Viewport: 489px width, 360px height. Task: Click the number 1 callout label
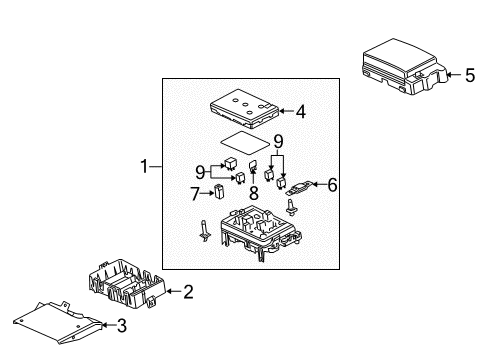click(x=146, y=167)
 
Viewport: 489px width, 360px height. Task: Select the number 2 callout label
click(x=186, y=292)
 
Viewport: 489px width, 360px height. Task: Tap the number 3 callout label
click(x=123, y=324)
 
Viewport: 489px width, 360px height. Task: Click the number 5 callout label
click(x=469, y=74)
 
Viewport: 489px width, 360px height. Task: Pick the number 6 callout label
click(x=334, y=184)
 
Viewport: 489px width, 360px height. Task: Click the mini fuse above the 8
click(x=254, y=169)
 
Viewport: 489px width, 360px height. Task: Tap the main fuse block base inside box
click(x=259, y=232)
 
